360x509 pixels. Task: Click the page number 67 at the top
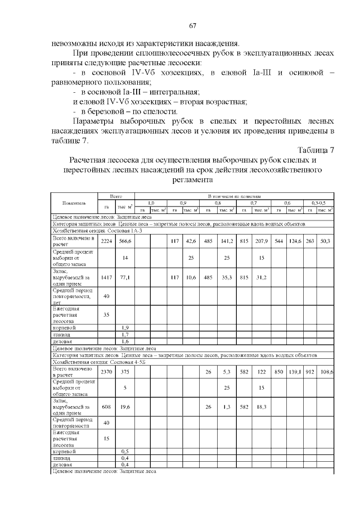pyautogui.click(x=192, y=25)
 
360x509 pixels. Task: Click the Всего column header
pyautogui.click(x=116, y=195)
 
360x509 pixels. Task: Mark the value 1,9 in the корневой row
pyautogui.click(x=125, y=327)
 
